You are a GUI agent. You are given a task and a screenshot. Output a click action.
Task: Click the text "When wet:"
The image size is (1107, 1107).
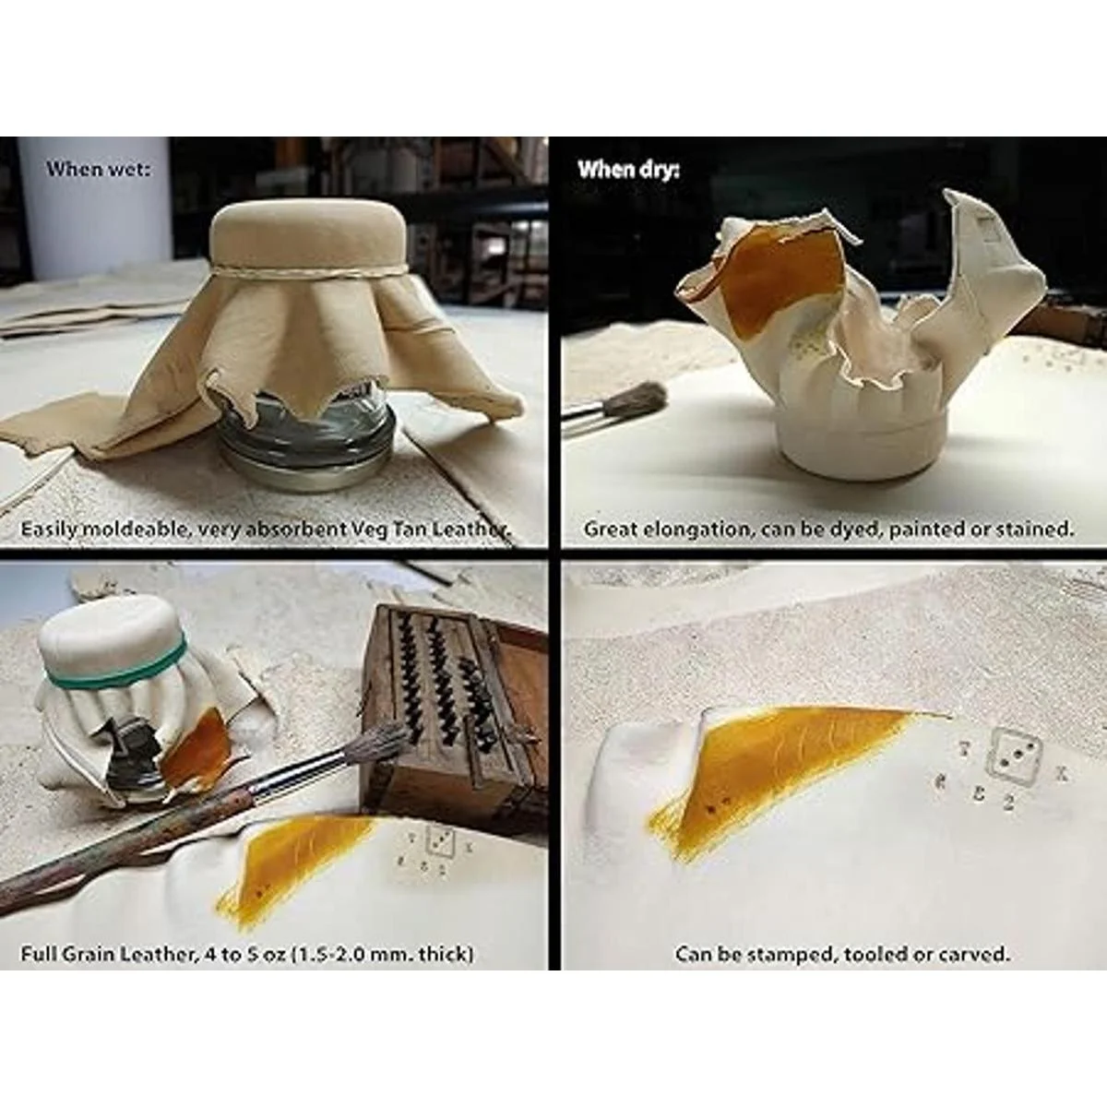click(x=98, y=169)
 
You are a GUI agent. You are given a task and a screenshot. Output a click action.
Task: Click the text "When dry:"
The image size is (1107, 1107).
click(x=628, y=170)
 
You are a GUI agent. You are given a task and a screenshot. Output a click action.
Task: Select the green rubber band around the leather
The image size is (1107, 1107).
click(x=116, y=666)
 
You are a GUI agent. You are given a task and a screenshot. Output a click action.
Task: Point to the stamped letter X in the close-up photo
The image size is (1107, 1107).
click(x=1062, y=774)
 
